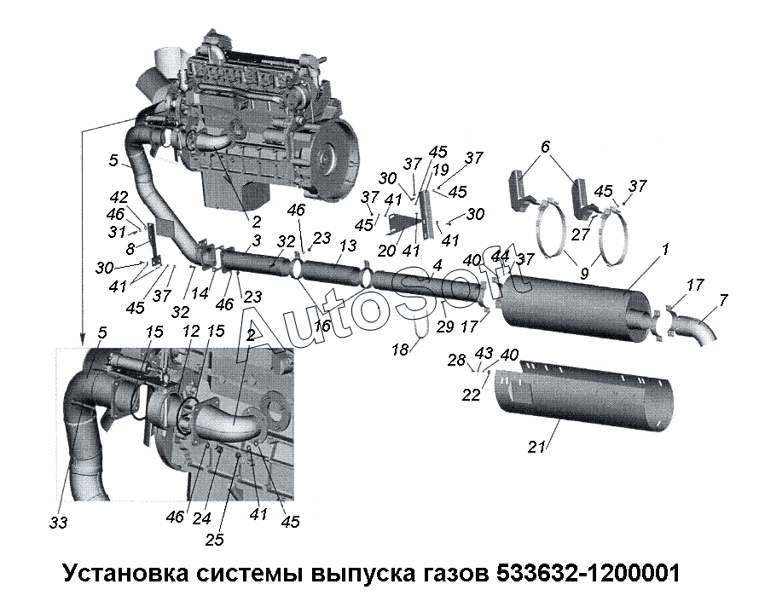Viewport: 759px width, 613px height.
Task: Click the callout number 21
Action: pyautogui.click(x=536, y=447)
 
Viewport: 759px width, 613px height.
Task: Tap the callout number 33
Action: pyautogui.click(x=58, y=522)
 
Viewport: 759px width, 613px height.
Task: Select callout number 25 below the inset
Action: pyautogui.click(x=214, y=540)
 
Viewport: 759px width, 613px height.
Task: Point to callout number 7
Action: pyautogui.click(x=722, y=300)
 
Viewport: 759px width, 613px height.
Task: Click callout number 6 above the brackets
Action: pyautogui.click(x=545, y=147)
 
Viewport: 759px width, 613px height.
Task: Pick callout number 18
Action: pyautogui.click(x=400, y=349)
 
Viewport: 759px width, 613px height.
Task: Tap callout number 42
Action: pyautogui.click(x=119, y=198)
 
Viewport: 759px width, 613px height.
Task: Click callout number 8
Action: pyautogui.click(x=130, y=249)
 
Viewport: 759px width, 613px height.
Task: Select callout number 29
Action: pyautogui.click(x=445, y=327)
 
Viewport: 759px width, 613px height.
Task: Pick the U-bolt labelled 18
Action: pyautogui.click(x=421, y=326)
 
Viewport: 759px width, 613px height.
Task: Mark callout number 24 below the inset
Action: pyautogui.click(x=201, y=518)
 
